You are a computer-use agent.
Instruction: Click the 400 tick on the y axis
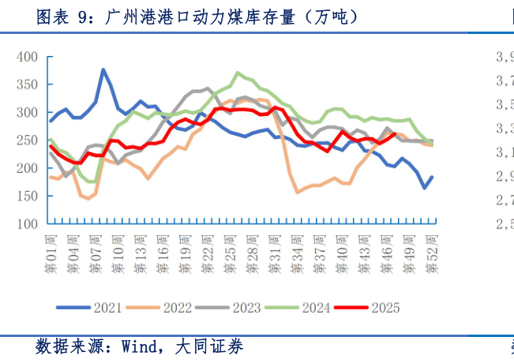[x=28, y=57]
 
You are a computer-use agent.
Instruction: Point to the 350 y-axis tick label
[x=28, y=84]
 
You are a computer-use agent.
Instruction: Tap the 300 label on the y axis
[x=28, y=113]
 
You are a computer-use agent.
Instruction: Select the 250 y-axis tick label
[x=28, y=140]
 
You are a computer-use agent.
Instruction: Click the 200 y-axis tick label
[x=28, y=168]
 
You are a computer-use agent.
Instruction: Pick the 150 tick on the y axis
[x=28, y=196]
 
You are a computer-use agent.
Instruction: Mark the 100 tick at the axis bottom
[x=28, y=224]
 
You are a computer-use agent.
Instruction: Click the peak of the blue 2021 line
[x=103, y=69]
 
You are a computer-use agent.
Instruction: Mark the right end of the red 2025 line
[x=395, y=133]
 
